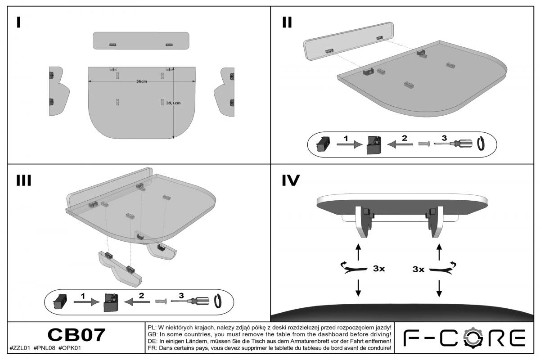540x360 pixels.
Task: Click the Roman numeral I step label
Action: (18, 22)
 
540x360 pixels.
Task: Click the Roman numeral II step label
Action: (287, 22)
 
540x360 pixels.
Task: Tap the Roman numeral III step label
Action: (23, 180)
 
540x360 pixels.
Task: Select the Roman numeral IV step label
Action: (291, 180)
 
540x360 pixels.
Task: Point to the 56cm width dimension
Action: (141, 81)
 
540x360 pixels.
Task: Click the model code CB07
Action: (76, 335)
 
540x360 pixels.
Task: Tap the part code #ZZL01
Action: (19, 348)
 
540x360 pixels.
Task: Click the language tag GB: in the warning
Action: (152, 334)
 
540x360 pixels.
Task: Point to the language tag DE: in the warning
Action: (152, 341)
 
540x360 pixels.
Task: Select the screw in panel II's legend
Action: (424, 144)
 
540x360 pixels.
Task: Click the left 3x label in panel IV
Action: (378, 269)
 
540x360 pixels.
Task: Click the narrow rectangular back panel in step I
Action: (141, 40)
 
